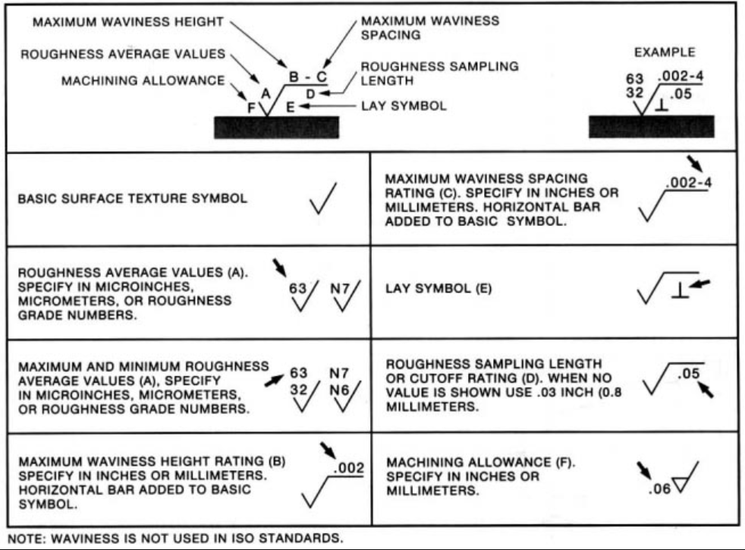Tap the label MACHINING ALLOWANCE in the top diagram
tap(143, 81)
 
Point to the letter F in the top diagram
tap(251, 107)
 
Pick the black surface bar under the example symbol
tap(651, 126)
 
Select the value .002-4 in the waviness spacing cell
tap(688, 183)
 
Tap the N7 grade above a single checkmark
tap(338, 289)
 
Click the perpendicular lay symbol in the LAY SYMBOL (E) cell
tap(679, 291)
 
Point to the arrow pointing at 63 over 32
tap(274, 379)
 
